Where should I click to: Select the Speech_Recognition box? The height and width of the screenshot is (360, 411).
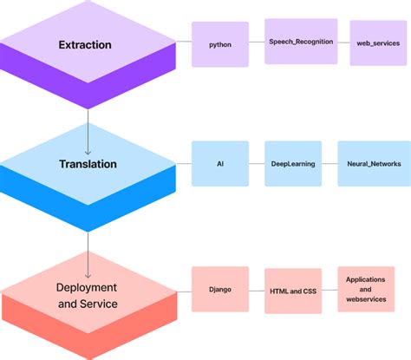tap(300, 42)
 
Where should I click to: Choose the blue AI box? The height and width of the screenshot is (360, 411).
tap(219, 163)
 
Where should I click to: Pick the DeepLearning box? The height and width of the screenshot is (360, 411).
tap(293, 163)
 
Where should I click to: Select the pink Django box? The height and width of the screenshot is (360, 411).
tap(219, 289)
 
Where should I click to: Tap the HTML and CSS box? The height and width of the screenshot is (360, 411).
tap(294, 290)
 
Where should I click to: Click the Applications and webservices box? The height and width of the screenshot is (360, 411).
tap(366, 289)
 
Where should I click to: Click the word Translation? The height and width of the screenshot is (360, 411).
tap(88, 163)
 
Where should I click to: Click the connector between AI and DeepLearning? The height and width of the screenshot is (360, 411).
tap(257, 163)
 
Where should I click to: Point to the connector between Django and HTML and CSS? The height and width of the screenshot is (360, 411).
tap(257, 290)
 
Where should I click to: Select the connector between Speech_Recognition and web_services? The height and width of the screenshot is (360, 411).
tap(343, 43)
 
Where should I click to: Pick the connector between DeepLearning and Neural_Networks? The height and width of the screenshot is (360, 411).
tap(329, 163)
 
